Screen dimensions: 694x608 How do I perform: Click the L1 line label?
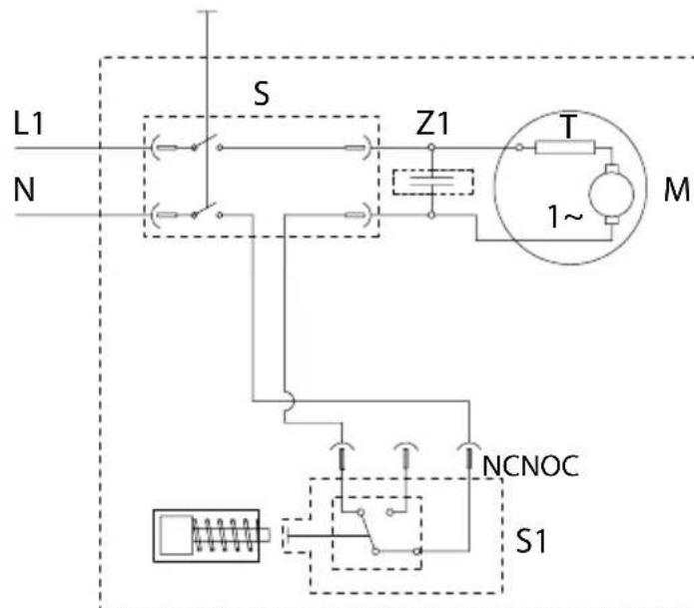click(x=29, y=124)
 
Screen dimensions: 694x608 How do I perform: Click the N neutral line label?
click(x=24, y=190)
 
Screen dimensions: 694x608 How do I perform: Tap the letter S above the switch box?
click(x=262, y=93)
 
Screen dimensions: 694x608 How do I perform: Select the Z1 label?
click(x=432, y=123)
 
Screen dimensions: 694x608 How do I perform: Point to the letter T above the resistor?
click(x=569, y=126)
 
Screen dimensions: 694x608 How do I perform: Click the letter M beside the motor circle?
click(x=677, y=190)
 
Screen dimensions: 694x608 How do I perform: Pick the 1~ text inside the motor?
click(x=565, y=217)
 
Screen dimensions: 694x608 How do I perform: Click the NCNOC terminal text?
click(x=530, y=465)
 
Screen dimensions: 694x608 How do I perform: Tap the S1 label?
click(x=531, y=541)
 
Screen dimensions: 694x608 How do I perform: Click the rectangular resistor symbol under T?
click(x=565, y=148)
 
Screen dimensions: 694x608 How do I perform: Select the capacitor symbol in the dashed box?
click(x=432, y=183)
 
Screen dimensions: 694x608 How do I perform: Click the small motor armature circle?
click(x=611, y=194)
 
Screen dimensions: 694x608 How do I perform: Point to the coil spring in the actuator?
click(x=224, y=534)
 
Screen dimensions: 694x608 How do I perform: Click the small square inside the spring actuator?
click(x=176, y=534)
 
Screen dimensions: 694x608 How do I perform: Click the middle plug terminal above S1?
click(x=405, y=454)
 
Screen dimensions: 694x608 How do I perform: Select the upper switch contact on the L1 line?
click(x=207, y=143)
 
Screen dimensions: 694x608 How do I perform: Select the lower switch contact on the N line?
click(x=207, y=211)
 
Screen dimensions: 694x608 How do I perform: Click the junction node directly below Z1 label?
click(x=431, y=147)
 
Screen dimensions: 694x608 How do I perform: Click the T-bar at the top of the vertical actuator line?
click(x=207, y=11)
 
